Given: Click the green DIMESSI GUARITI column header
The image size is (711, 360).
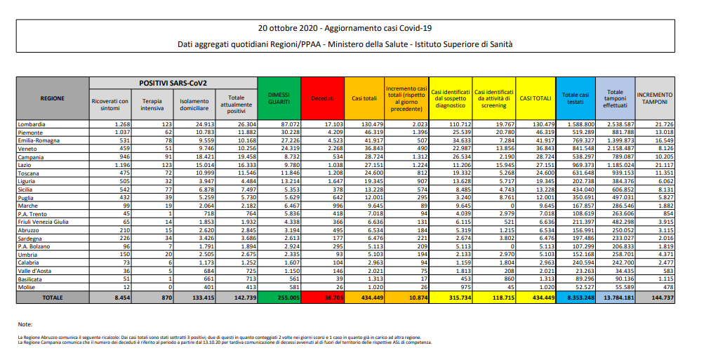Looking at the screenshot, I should pyautogui.click(x=279, y=98).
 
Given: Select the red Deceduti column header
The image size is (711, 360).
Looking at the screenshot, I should pyautogui.click(x=323, y=98).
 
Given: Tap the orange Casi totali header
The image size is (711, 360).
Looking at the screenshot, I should pyautogui.click(x=365, y=98).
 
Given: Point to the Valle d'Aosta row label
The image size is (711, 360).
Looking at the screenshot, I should pyautogui.click(x=35, y=270).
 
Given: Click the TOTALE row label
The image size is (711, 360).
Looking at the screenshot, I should pyautogui.click(x=52, y=298).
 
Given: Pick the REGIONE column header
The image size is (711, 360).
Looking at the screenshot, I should pyautogui.click(x=52, y=98).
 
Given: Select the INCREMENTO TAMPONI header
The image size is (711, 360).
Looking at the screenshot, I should pyautogui.click(x=654, y=98).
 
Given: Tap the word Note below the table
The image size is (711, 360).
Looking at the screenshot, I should pyautogui.click(x=26, y=324).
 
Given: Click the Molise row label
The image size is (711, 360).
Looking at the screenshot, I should pyautogui.click(x=27, y=286).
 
